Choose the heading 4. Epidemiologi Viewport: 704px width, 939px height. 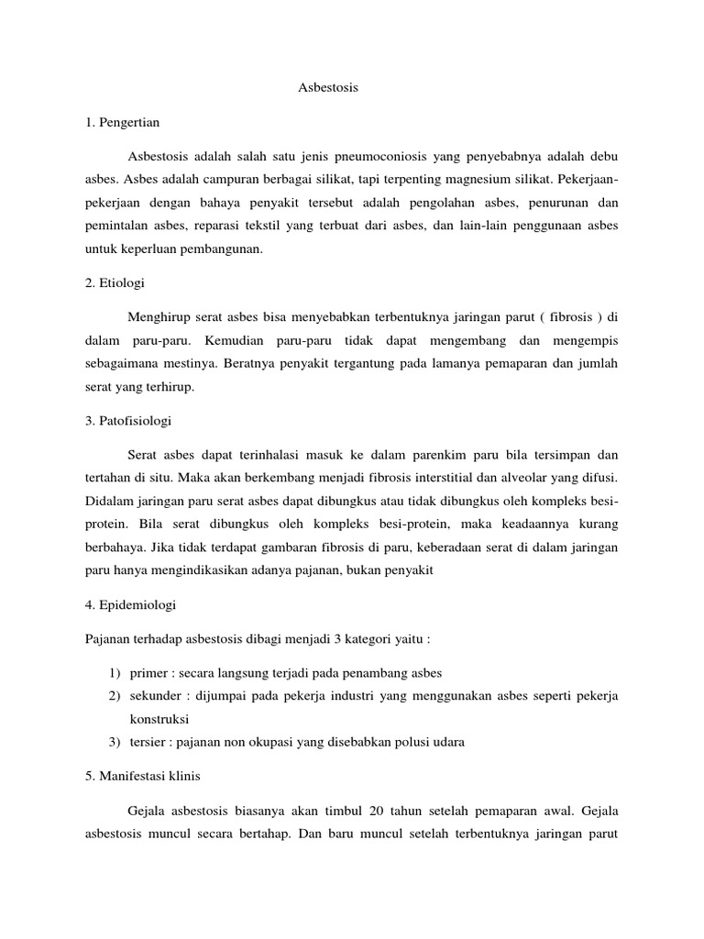click(131, 605)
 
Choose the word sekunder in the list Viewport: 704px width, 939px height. click(158, 696)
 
